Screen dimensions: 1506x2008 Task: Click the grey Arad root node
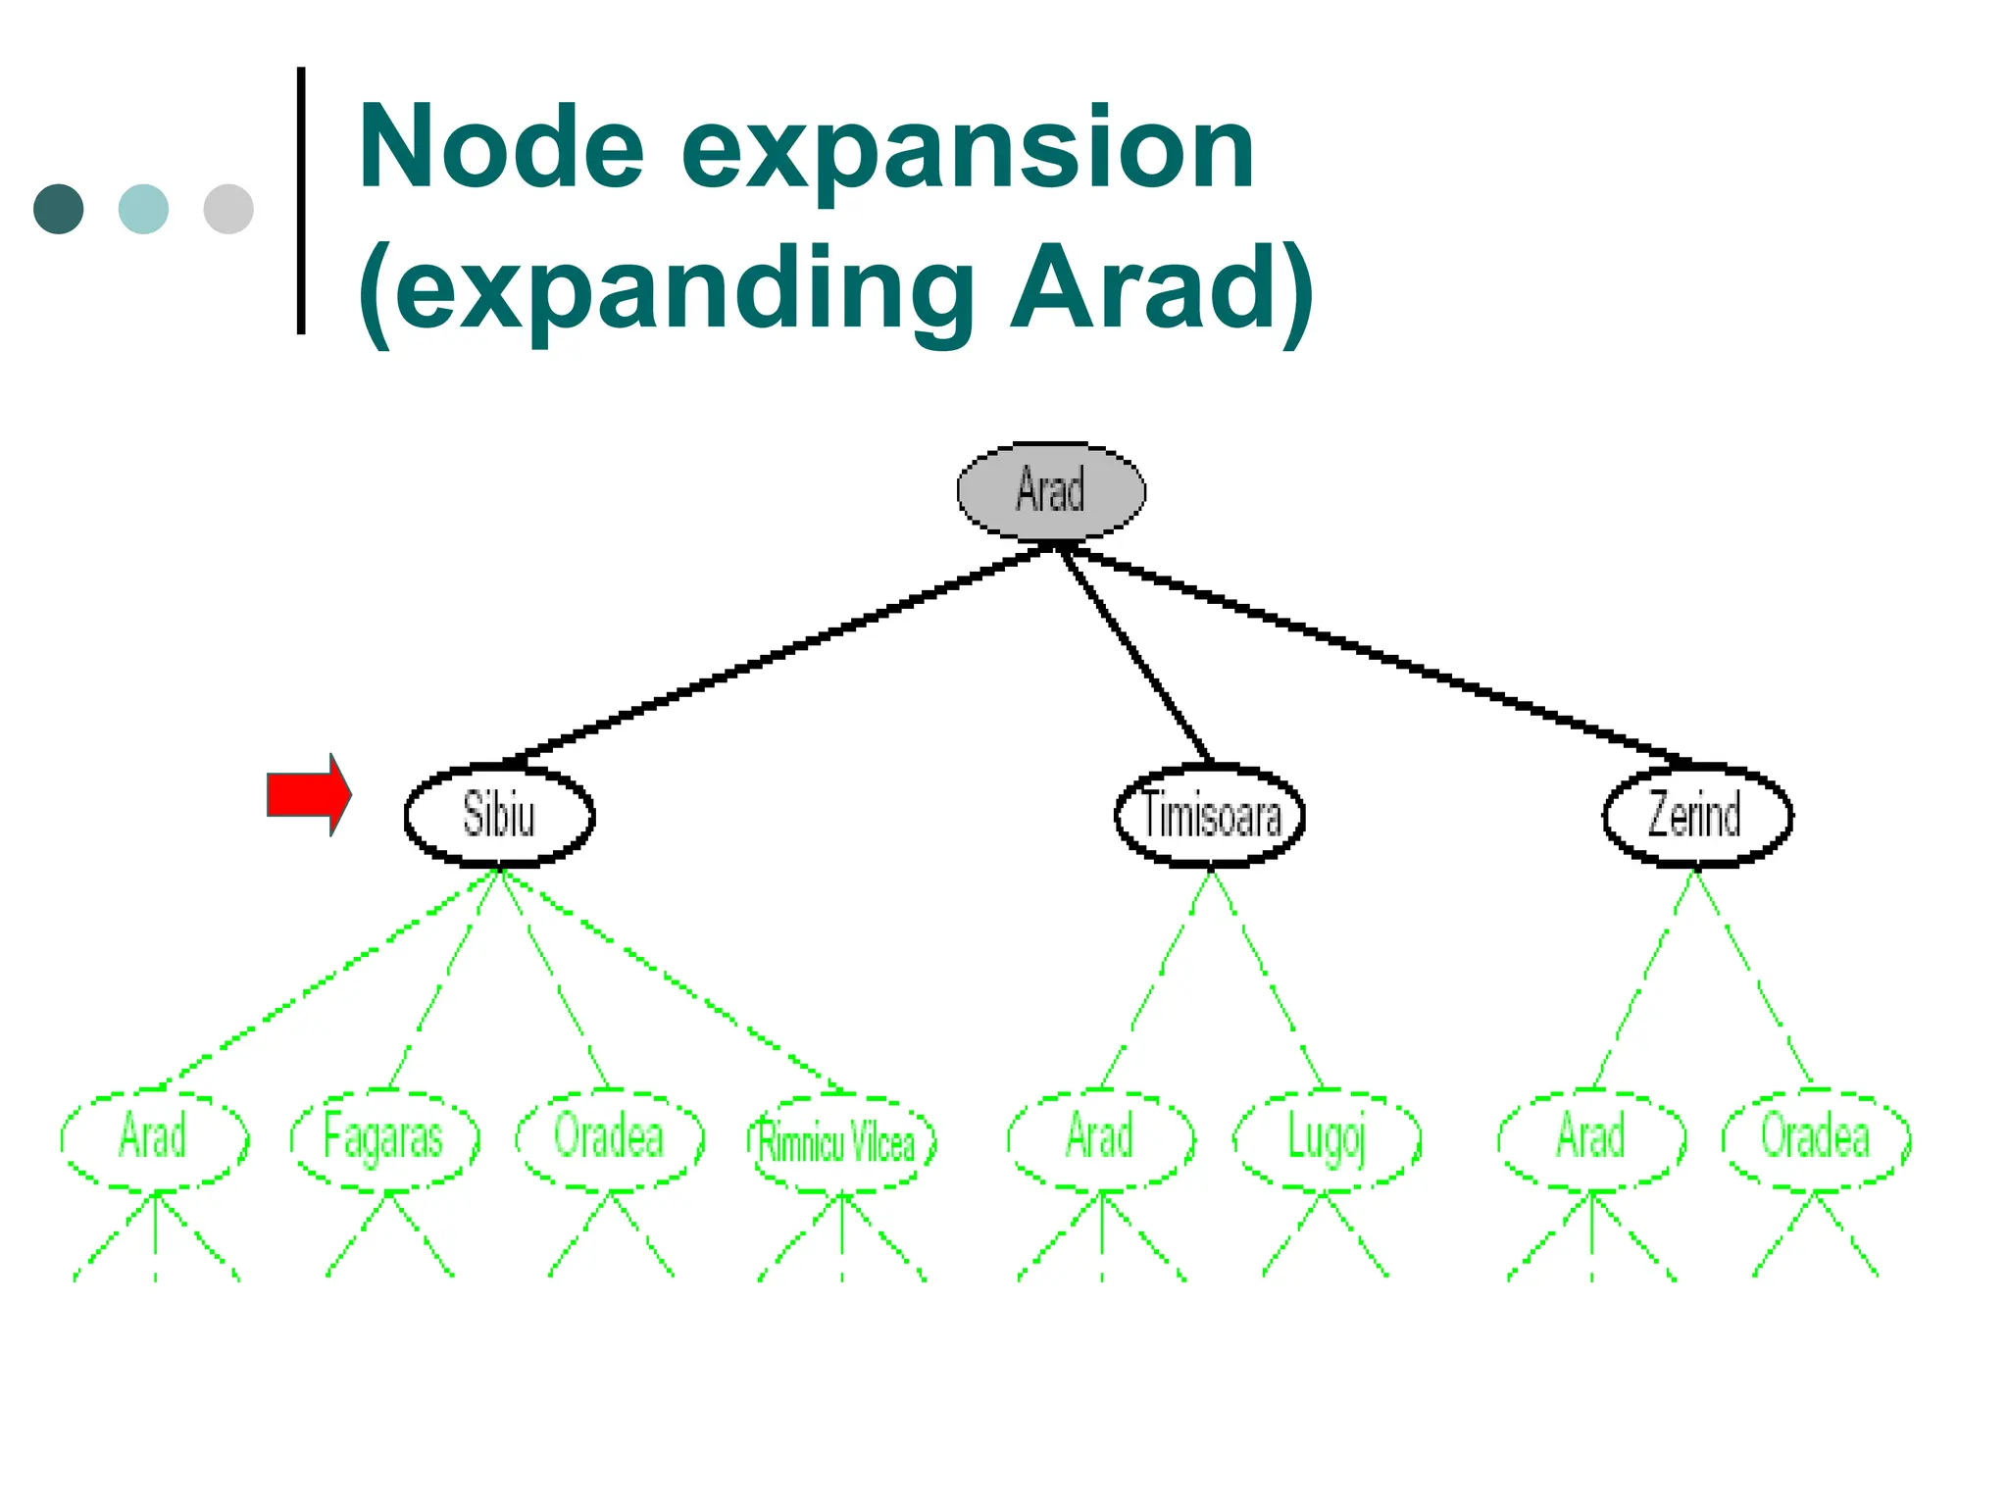pyautogui.click(x=1051, y=490)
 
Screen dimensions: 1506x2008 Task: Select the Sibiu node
pyautogui.click(x=499, y=815)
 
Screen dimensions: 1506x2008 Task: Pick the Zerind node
pyautogui.click(x=1697, y=815)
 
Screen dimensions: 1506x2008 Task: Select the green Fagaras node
pyautogui.click(x=384, y=1139)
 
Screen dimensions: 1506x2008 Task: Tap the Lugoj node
pyautogui.click(x=1326, y=1139)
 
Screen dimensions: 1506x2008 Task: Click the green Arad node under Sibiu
pyautogui.click(x=154, y=1138)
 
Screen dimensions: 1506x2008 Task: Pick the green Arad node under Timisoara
pyautogui.click(x=1100, y=1138)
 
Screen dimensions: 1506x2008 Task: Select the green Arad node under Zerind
pyautogui.click(x=1591, y=1138)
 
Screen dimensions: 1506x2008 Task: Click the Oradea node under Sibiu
pyautogui.click(x=610, y=1138)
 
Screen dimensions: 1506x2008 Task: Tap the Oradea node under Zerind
pyautogui.click(x=1816, y=1138)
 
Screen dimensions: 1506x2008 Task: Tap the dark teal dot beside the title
pyautogui.click(x=59, y=209)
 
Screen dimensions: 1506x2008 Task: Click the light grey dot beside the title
pyautogui.click(x=228, y=209)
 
